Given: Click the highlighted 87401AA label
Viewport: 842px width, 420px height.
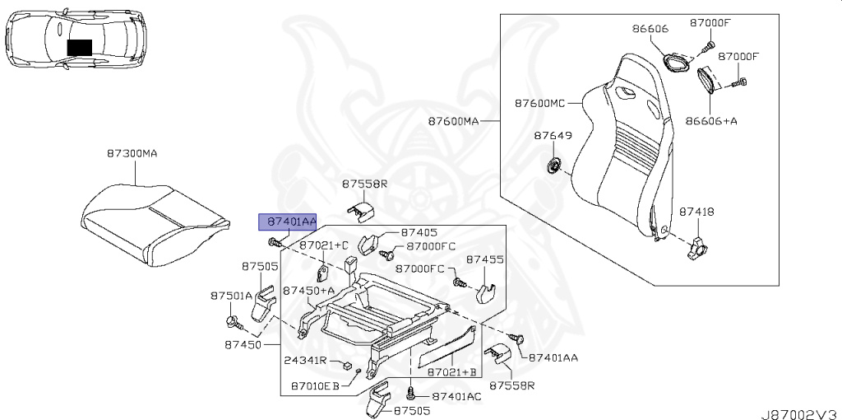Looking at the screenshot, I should click(287, 221).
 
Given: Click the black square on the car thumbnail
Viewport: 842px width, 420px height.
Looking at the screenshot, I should click(80, 47).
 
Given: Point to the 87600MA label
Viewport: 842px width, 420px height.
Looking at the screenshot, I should click(452, 121).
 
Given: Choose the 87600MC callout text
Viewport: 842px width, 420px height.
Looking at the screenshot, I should click(541, 103).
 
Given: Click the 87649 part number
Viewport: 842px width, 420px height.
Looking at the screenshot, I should click(552, 135).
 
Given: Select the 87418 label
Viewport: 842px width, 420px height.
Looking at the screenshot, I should click(696, 212).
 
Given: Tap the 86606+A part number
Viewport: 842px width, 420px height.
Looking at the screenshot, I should click(711, 120).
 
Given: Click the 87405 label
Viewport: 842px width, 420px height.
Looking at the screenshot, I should click(419, 233).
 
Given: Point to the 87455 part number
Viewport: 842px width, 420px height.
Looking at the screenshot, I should click(484, 259).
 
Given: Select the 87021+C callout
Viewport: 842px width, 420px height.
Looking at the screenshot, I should click(324, 245).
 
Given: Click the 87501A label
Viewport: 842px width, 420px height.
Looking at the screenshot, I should click(231, 295).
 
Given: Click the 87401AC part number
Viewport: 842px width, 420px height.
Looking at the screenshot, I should click(456, 396).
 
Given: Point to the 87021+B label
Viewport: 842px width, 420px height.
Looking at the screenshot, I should click(452, 372).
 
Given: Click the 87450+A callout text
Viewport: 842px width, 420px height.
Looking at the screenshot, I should click(308, 290).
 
